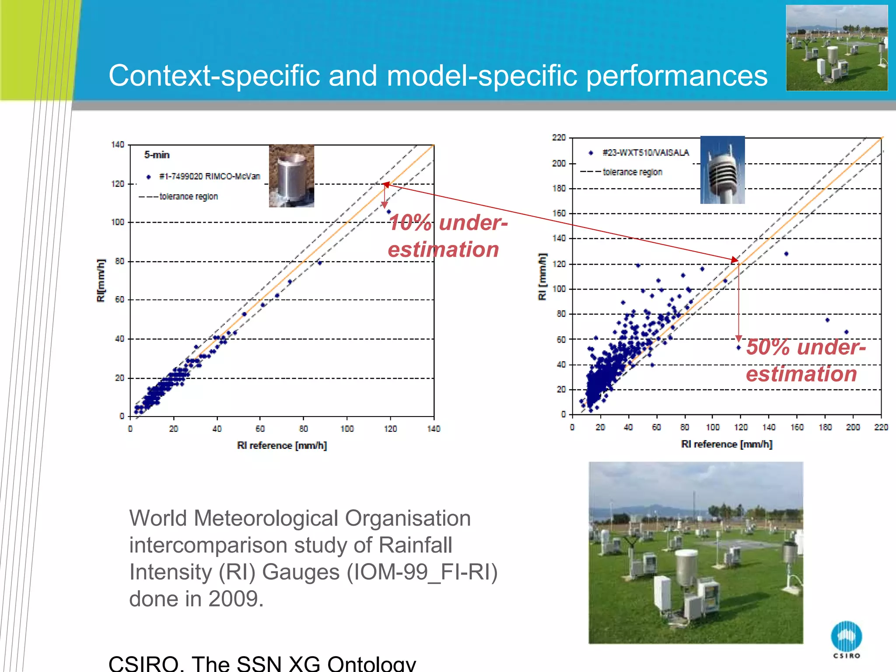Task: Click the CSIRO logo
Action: [846, 638]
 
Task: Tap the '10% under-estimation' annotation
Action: [447, 236]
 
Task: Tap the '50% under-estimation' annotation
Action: [805, 360]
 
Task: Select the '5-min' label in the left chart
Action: [157, 155]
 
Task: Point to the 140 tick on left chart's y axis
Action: [118, 144]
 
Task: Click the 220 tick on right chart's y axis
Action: [559, 138]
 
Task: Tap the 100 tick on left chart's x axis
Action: [347, 429]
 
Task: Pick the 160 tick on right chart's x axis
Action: [797, 427]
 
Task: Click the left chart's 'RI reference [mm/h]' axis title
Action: [282, 445]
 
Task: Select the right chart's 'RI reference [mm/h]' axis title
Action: [726, 444]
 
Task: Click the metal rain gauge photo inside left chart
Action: [291, 176]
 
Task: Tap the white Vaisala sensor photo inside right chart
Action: [722, 170]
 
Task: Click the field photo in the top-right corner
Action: [836, 48]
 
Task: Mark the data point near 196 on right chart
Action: [846, 332]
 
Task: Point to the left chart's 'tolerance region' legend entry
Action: [188, 196]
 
